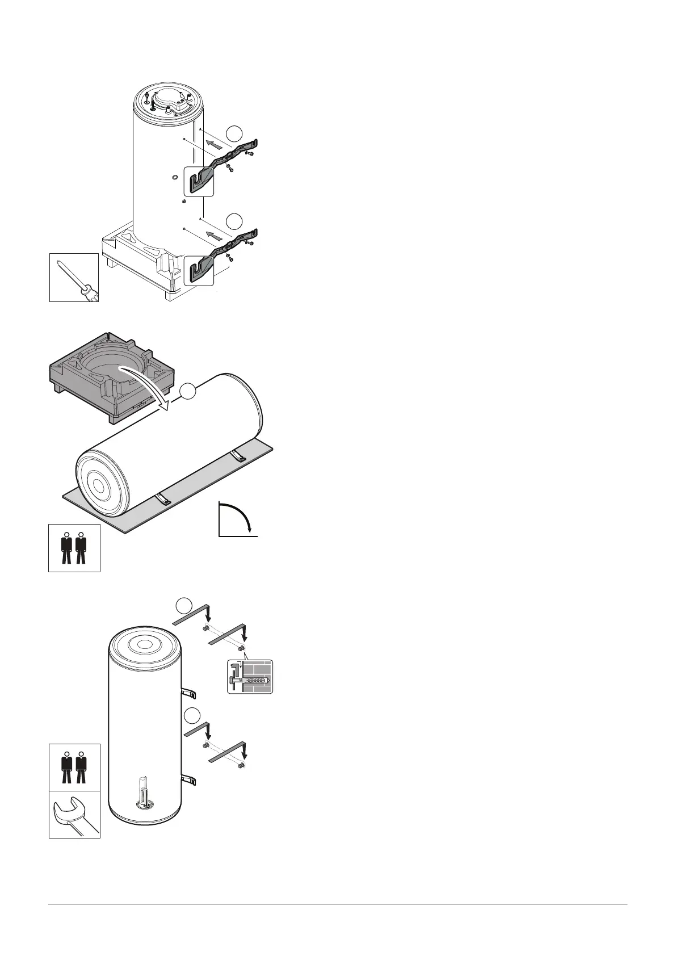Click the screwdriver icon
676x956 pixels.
pos(74,278)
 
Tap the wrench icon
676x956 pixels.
pos(74,814)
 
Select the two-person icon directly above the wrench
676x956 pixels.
pos(74,767)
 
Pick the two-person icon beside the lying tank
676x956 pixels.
pos(74,547)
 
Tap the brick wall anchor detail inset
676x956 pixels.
pos(250,676)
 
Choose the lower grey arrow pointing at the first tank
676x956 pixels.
pos(213,234)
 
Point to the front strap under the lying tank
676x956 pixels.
pos(163,500)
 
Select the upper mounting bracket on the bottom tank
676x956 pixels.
pos(189,693)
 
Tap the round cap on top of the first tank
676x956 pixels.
pos(168,99)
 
